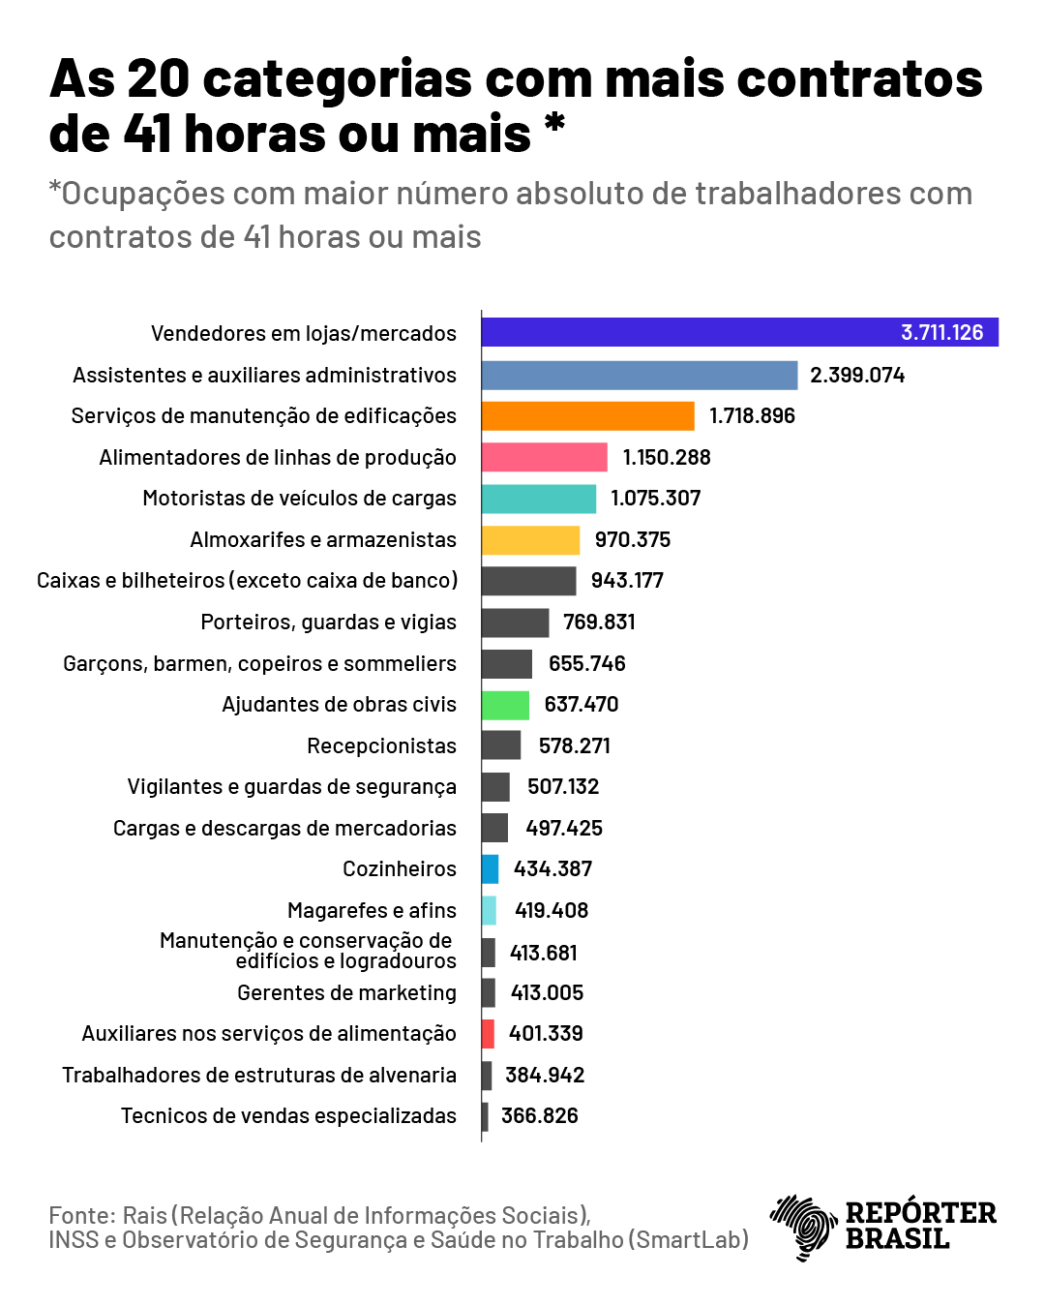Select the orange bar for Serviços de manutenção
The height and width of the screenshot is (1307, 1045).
tap(587, 415)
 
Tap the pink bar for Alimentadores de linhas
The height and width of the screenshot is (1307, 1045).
tap(544, 457)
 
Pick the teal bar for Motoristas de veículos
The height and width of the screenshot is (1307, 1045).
tap(538, 499)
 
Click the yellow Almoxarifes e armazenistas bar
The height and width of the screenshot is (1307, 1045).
tap(530, 539)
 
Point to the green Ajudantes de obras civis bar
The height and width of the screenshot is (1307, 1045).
tap(505, 705)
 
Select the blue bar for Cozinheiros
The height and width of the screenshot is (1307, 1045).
tap(491, 869)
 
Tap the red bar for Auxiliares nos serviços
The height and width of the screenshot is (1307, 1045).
tap(488, 1034)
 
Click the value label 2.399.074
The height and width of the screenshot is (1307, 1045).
tap(857, 375)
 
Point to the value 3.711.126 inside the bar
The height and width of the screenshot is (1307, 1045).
tap(941, 332)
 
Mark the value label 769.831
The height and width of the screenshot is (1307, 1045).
tap(599, 622)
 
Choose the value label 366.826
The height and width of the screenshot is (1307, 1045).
tap(539, 1115)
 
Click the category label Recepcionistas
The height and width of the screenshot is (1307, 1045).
tap(381, 745)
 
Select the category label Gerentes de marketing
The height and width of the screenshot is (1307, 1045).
tap(346, 992)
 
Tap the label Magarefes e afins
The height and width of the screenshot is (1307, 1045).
tap(372, 910)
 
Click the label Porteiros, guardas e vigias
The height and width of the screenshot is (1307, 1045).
tap(328, 622)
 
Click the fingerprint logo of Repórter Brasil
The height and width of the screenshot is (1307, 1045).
tap(802, 1226)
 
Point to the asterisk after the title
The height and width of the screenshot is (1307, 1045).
tap(554, 123)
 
